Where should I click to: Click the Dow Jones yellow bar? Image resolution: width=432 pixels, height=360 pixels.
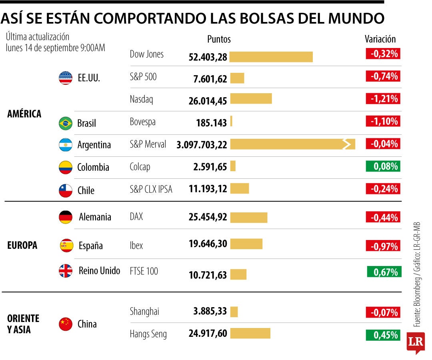coord(271,57)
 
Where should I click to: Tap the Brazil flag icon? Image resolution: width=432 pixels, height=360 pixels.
coord(66,123)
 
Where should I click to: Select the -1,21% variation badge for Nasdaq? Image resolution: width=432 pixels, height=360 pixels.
coord(383,99)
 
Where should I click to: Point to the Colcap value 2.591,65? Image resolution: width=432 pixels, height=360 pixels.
coord(210,167)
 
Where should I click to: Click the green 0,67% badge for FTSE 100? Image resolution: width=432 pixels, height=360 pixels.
coord(384,272)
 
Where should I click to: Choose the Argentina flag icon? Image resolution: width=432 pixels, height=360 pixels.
coord(66,145)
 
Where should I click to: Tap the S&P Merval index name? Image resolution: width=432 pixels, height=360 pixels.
coord(148,144)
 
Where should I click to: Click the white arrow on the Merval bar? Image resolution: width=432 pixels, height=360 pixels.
coord(347,144)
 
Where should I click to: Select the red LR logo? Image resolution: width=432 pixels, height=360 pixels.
coord(416,342)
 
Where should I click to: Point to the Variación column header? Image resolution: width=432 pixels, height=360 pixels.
coord(380,39)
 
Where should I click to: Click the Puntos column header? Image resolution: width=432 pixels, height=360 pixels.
coord(219,39)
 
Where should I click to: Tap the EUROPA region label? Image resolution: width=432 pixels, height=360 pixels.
coord(22,245)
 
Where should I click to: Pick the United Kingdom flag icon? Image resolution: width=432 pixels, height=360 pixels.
coord(66,271)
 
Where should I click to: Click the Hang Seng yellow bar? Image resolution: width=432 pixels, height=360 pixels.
coord(250,333)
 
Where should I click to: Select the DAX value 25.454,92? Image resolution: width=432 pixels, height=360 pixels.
coord(208,217)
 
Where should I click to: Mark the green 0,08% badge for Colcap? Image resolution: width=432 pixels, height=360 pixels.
coord(383,166)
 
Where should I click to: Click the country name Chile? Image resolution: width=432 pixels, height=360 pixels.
coord(86,190)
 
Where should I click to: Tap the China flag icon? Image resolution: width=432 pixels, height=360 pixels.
coord(66,324)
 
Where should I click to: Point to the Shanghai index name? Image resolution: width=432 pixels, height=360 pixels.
coord(144,312)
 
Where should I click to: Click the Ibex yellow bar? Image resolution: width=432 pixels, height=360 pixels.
coord(246,244)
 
